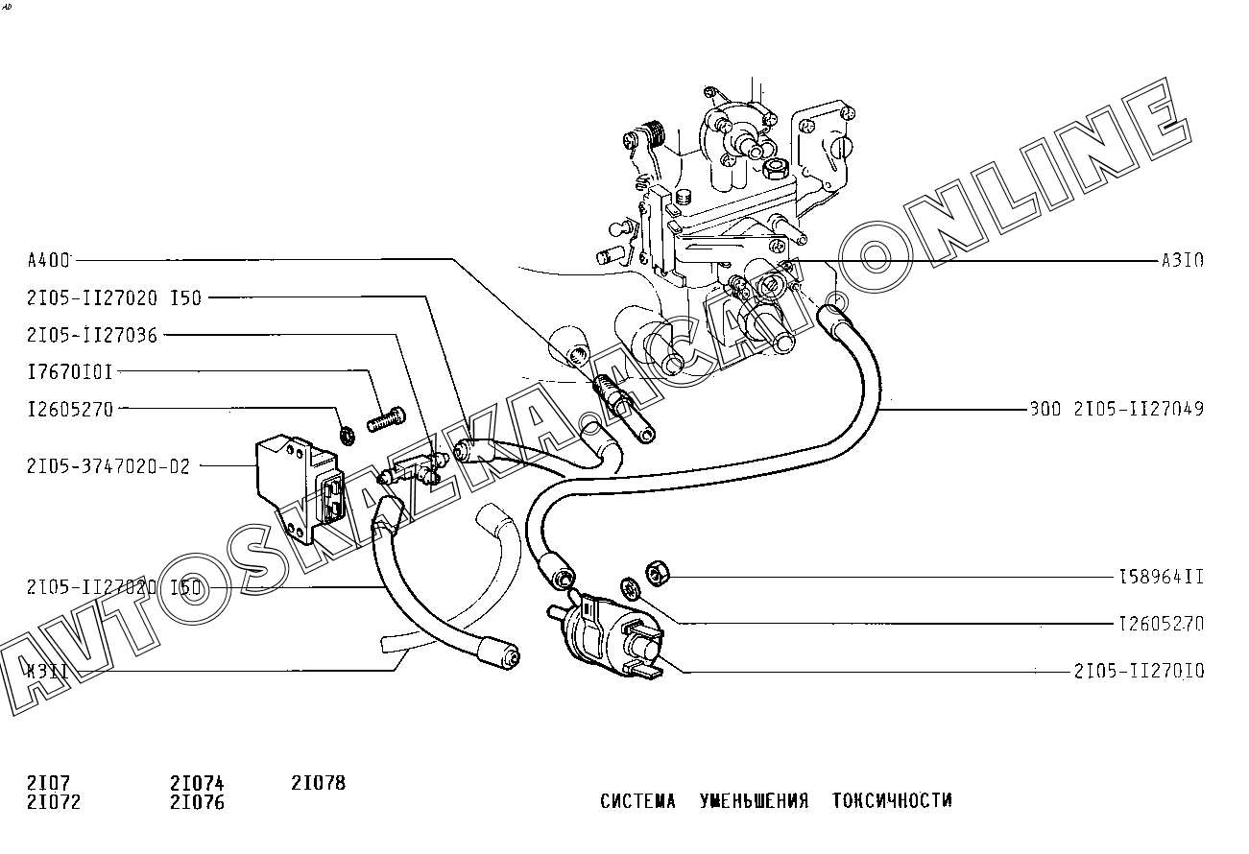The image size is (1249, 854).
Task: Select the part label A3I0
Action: coord(1182,260)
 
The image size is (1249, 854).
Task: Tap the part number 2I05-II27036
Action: coord(92,335)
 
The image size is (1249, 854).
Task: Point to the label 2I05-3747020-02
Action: coord(108,467)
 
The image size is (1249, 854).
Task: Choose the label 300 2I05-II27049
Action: coord(1116,410)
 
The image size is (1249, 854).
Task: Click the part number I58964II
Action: coord(1161,577)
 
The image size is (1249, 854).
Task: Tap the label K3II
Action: coord(48,671)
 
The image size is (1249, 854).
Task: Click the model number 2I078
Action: coord(318,783)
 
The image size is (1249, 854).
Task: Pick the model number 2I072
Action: coord(55,802)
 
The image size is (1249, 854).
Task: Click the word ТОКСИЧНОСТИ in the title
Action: coord(892,800)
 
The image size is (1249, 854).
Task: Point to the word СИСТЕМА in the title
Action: coord(637,800)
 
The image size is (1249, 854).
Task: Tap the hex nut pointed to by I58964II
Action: coord(657,573)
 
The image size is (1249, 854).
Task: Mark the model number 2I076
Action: coord(197,802)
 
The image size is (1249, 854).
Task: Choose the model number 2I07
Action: coord(49,783)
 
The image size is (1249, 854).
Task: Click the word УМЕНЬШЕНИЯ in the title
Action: coord(754,800)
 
